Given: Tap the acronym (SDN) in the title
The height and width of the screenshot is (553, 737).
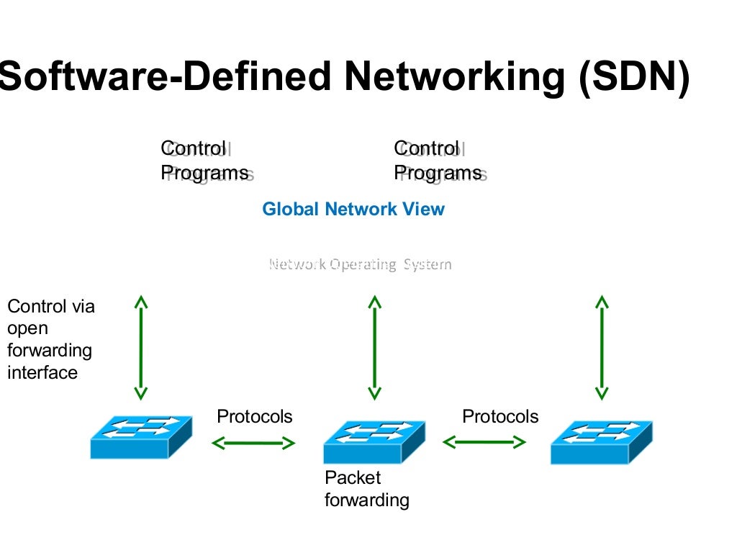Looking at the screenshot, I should [634, 76].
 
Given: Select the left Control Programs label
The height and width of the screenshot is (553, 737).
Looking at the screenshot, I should [204, 161].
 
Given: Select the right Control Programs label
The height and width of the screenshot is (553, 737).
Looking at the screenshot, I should [438, 161].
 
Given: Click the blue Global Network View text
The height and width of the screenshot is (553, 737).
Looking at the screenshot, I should [353, 210].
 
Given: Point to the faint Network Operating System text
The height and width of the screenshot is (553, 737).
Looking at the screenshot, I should [360, 264].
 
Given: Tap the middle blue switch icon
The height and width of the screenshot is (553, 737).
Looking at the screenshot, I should [374, 441].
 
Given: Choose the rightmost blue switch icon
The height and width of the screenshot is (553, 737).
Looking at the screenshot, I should [601, 441].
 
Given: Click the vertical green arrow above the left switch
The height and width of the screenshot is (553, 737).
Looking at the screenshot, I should [141, 347].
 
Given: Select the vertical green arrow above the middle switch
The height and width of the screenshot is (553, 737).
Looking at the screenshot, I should [374, 347].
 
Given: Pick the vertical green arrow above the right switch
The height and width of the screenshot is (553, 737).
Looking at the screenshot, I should [602, 347].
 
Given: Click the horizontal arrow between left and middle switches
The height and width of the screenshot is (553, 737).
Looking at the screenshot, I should [253, 443].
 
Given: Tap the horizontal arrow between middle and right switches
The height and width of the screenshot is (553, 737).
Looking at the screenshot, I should [484, 443].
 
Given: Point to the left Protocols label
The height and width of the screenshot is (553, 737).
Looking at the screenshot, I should [255, 417].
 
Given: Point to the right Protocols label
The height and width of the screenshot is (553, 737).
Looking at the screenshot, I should [500, 417].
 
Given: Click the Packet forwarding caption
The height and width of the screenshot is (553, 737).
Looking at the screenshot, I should [366, 489].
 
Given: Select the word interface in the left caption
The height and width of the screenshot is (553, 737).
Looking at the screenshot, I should [42, 373].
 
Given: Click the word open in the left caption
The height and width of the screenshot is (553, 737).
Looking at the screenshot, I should [27, 329].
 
